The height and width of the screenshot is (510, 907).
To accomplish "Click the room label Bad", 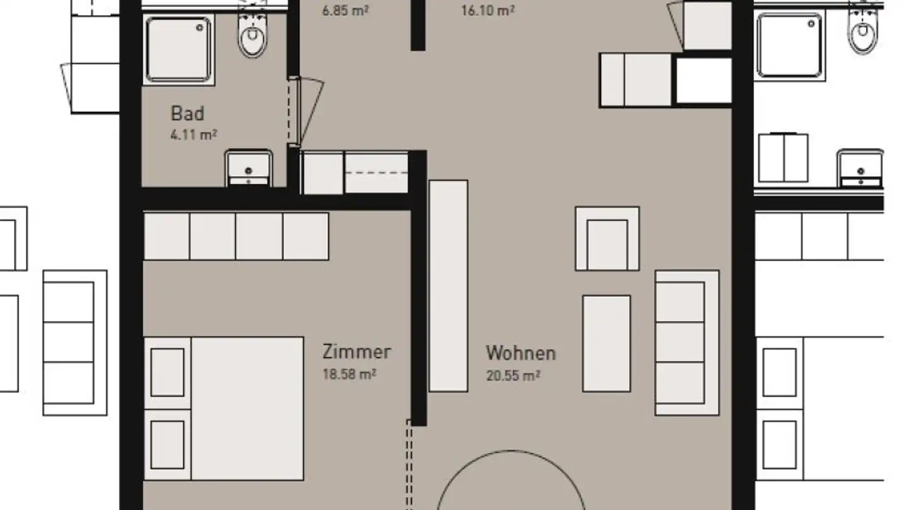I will point(188,114).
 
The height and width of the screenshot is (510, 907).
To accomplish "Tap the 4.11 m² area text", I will point(194,135).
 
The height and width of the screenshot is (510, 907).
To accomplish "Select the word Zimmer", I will point(357,351).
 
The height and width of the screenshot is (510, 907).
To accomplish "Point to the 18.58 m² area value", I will point(350,374).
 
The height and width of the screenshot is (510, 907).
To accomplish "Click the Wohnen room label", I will point(521,353).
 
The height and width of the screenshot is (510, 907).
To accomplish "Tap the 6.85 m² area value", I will point(345,11).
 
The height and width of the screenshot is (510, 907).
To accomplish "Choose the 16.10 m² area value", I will point(488,11).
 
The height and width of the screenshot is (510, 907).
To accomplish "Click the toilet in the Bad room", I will point(253,35).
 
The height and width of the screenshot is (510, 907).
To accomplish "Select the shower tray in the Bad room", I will point(179,49).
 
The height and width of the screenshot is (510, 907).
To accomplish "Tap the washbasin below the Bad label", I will point(249,167).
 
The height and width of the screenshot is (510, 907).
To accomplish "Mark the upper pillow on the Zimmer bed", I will point(168,371).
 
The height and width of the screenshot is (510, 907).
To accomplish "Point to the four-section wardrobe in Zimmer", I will point(236,236).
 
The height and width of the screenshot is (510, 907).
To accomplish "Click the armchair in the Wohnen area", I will point(607,239).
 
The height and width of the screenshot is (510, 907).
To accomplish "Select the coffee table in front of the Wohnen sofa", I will point(606,344).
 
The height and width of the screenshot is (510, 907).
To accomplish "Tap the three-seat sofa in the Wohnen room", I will point(687,343).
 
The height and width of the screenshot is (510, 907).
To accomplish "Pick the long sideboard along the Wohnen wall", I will point(448,286).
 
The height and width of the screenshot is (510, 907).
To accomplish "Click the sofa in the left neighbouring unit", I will point(74,343).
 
